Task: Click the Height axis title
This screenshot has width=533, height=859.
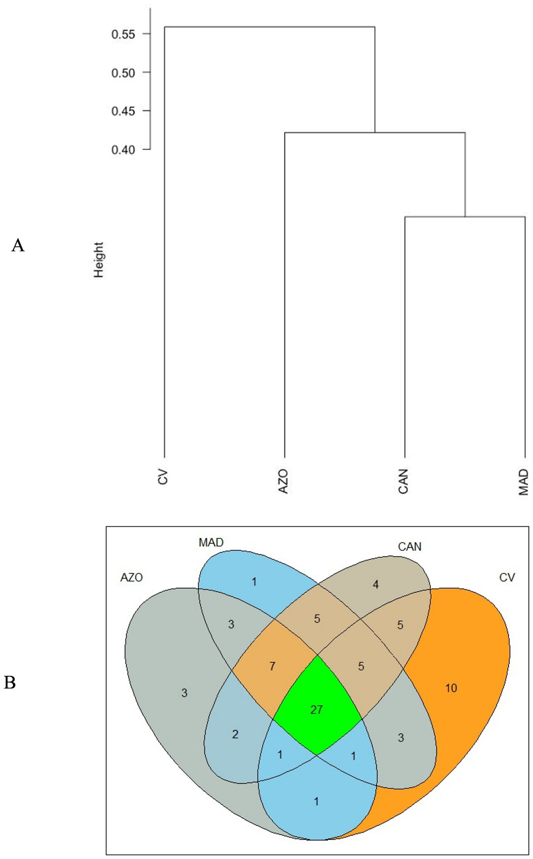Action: click(99, 260)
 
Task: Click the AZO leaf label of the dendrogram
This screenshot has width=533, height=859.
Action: click(283, 481)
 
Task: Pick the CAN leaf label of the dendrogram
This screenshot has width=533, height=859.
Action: click(403, 481)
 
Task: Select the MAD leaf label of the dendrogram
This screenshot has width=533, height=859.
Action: click(523, 482)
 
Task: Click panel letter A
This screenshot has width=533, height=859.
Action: click(18, 246)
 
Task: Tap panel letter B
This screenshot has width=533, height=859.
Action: click(10, 683)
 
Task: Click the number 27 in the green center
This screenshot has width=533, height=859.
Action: click(316, 710)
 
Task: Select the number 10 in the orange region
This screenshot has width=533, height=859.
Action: click(451, 688)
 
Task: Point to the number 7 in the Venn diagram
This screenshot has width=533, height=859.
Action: click(272, 666)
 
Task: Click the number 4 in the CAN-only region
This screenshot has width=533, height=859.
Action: click(375, 585)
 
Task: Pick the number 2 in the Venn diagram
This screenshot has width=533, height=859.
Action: click(235, 734)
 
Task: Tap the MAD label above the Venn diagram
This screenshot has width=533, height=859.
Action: click(211, 543)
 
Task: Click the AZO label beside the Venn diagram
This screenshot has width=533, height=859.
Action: click(132, 578)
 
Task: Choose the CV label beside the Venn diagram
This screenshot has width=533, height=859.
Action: click(507, 578)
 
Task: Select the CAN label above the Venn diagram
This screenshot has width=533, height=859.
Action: click(410, 547)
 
